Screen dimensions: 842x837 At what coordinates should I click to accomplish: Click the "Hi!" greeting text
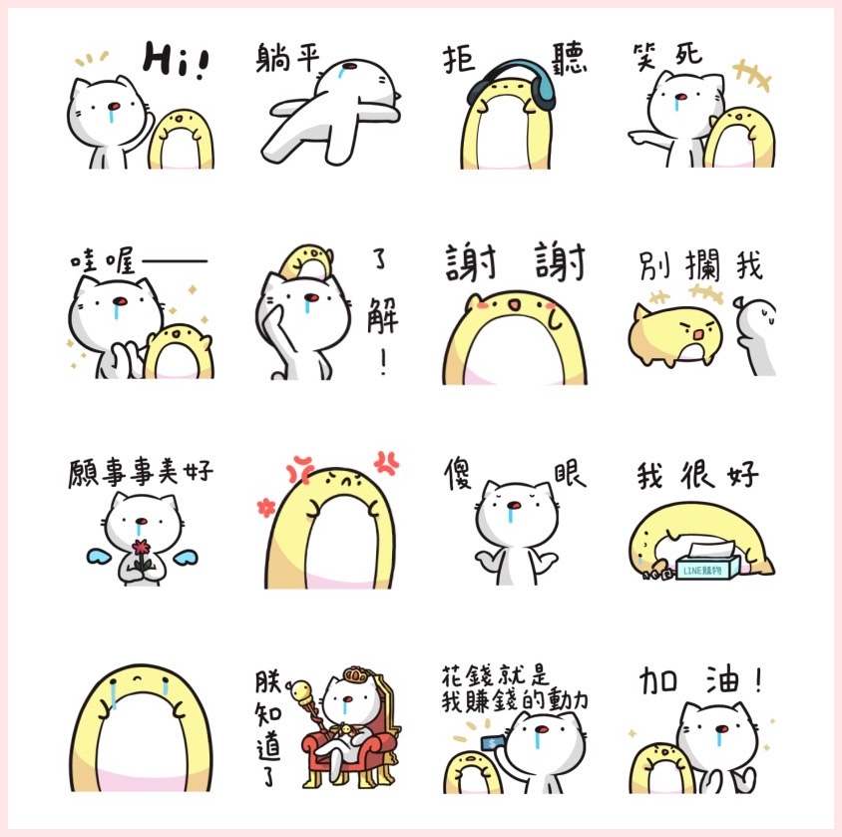tap(176, 60)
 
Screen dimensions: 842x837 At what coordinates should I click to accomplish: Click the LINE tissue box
tap(706, 562)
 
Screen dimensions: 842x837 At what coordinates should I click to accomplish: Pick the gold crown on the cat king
tap(356, 674)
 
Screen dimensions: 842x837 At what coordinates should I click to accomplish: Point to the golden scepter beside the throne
tap(305, 703)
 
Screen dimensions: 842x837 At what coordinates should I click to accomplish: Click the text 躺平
tap(287, 58)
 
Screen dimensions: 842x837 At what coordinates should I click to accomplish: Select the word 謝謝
tap(515, 262)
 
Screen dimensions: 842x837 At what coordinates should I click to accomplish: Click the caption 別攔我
tap(700, 265)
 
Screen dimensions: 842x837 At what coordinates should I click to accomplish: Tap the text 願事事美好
tap(141, 472)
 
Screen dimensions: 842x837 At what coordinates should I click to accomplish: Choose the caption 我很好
tap(697, 475)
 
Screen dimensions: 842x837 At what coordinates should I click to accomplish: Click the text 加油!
tap(699, 680)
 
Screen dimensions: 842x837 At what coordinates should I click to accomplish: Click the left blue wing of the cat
tap(100, 557)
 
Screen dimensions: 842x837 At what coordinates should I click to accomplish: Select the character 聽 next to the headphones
tap(570, 59)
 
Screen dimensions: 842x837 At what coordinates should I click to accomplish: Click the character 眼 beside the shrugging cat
tap(570, 474)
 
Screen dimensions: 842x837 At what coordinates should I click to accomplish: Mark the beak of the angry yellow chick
tap(697, 334)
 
